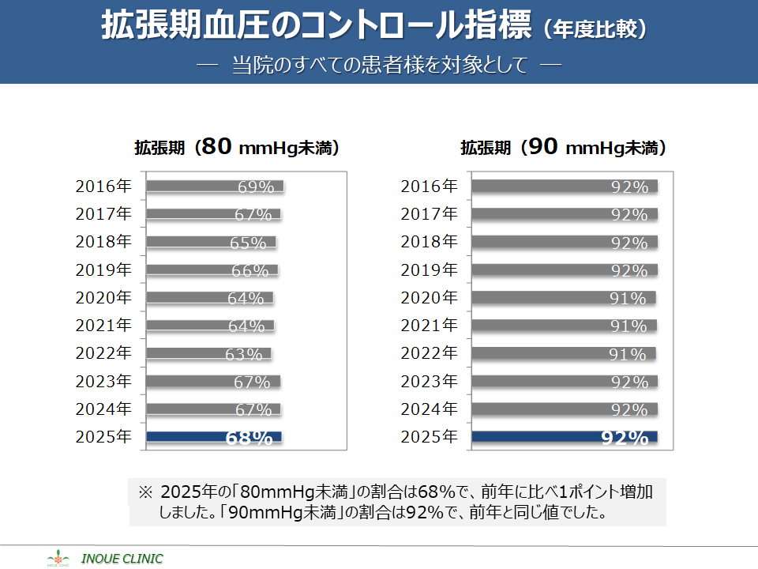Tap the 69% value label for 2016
point(256,187)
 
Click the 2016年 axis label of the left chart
point(103,187)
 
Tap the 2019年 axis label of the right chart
point(429,270)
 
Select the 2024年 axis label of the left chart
point(103,409)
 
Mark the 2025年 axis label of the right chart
point(429,437)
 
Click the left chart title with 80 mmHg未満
point(237,147)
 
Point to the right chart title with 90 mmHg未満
point(564,147)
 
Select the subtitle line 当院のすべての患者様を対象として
point(379,64)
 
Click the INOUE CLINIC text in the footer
point(123,559)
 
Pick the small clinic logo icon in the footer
point(58,557)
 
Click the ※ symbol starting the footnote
point(144,492)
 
